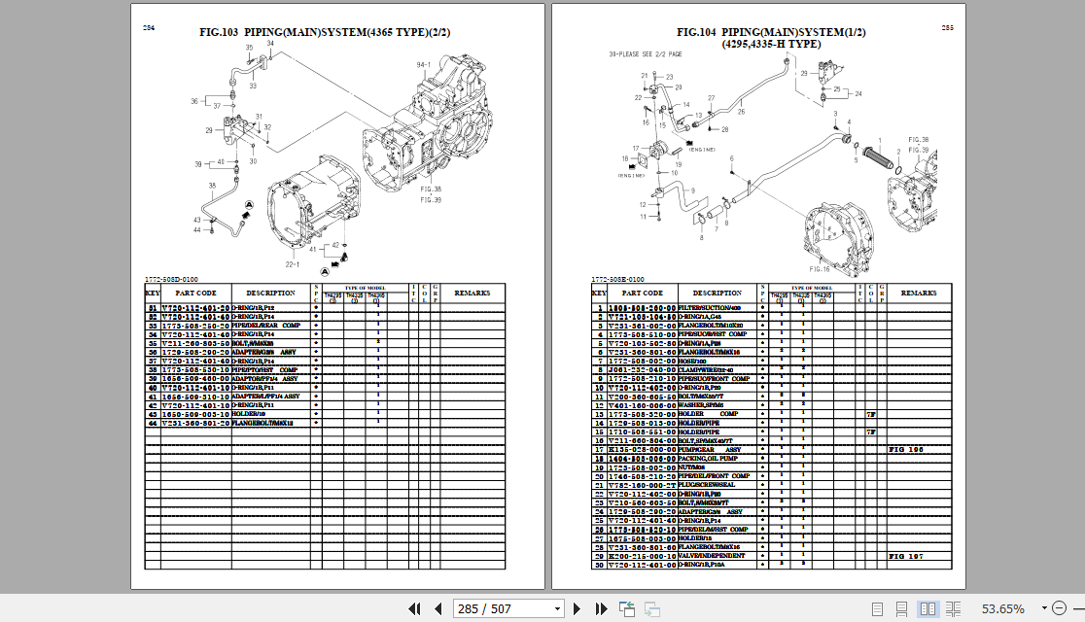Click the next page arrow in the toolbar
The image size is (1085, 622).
(x=576, y=608)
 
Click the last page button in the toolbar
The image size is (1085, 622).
(x=595, y=608)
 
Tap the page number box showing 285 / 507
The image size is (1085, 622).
(x=508, y=608)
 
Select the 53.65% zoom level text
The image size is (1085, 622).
(x=1002, y=608)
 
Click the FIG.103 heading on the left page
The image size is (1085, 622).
(x=325, y=32)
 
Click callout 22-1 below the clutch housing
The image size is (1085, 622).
(x=291, y=264)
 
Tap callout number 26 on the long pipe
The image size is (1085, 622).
(x=740, y=112)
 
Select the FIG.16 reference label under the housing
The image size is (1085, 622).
(x=820, y=268)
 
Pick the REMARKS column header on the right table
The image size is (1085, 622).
(x=919, y=293)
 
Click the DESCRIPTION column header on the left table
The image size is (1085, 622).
(x=270, y=293)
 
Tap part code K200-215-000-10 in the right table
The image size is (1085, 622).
(x=643, y=556)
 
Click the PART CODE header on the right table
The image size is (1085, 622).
(x=643, y=293)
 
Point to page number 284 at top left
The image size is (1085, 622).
(x=149, y=28)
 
